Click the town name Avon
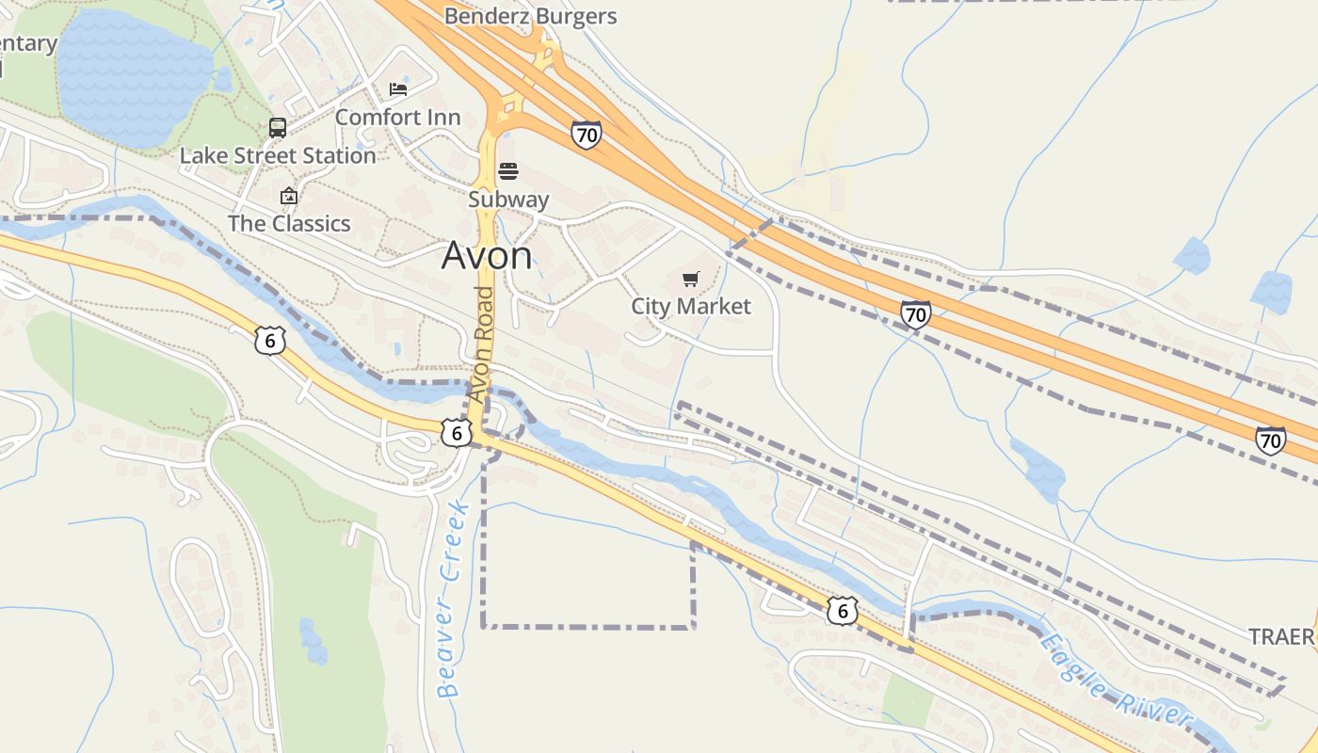pos(487,255)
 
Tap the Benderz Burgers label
pos(530,16)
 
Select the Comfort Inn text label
pos(397,118)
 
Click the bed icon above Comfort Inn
pos(398,89)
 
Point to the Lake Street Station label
pos(278,156)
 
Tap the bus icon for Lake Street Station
pos(278,128)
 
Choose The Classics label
pos(289,224)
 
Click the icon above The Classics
pos(289,196)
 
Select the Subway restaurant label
pos(508,200)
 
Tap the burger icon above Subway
pos(508,171)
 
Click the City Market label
pos(691,307)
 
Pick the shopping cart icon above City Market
pos(691,279)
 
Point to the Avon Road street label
pos(483,344)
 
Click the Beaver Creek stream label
pos(454,599)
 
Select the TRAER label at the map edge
pos(1281,637)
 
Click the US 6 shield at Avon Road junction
pos(457,433)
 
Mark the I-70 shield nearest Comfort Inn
pos(586,135)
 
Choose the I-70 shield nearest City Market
pos(915,314)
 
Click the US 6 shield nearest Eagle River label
pos(843,610)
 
